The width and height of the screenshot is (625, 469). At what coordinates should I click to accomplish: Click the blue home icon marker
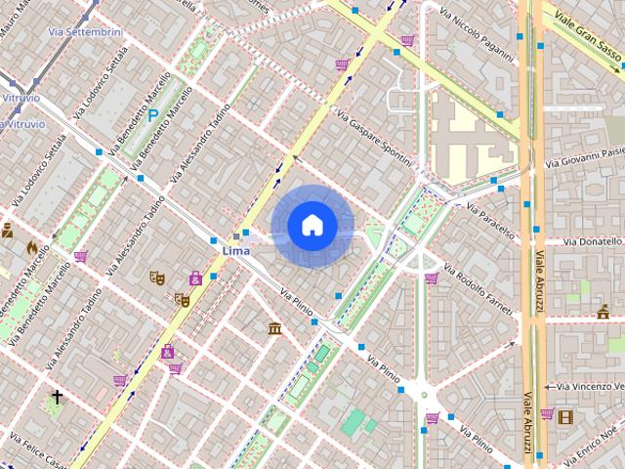pos(312,226)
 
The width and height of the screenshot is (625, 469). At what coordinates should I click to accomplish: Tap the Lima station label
pos(236,251)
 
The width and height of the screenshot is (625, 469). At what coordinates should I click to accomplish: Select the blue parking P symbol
pos(152,115)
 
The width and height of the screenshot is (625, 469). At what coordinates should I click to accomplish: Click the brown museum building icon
pos(275,327)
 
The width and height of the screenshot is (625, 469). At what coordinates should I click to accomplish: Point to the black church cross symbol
pos(58,397)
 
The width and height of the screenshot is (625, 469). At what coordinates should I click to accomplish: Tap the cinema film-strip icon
pos(565,415)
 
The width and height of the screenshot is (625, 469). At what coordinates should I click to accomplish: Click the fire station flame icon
pos(32,247)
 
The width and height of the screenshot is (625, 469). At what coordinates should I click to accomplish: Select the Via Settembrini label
pos(87,31)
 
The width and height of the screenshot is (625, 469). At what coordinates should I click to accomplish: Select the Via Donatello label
pos(585,240)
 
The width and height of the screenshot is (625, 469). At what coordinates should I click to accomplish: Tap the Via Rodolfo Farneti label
pos(478,289)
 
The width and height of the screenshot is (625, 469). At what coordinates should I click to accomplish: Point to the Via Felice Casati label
pos(33,453)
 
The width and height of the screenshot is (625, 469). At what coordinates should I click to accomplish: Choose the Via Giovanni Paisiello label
pos(587,156)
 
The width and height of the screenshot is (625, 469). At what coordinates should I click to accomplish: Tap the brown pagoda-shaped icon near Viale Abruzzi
pos(603,313)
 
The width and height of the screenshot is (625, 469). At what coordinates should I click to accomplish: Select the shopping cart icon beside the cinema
pos(547,414)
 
